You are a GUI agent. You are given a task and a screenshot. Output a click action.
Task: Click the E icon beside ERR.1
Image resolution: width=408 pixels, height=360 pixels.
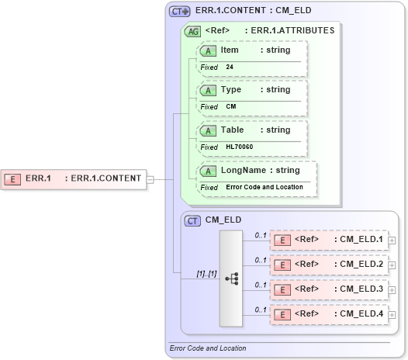point(12,178)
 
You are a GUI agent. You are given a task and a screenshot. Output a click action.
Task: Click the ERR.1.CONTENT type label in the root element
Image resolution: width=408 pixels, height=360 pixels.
point(106,178)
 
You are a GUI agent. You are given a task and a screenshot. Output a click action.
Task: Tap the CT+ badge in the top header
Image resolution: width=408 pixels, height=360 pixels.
point(180,12)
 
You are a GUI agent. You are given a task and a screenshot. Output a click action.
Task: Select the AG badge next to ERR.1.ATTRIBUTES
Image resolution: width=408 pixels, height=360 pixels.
point(191,32)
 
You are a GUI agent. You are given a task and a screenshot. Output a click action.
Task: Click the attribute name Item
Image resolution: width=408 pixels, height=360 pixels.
point(230,50)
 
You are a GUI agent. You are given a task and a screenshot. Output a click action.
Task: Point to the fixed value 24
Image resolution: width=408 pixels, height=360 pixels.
point(230,67)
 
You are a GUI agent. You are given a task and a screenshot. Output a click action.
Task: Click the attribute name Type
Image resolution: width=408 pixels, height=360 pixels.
point(231,90)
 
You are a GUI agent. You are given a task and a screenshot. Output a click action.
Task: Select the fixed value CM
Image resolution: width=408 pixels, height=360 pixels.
point(231,107)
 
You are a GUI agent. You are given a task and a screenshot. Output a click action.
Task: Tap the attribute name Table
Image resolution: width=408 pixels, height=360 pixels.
point(232,130)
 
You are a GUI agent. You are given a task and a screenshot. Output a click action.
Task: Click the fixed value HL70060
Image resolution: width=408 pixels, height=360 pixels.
point(239,147)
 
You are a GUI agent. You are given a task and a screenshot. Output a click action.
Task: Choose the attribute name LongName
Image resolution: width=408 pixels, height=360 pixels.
point(244,170)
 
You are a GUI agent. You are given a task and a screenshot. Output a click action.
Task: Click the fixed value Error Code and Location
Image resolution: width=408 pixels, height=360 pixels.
point(265,187)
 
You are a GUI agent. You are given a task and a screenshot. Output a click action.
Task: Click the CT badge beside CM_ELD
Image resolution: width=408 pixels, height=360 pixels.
point(192,220)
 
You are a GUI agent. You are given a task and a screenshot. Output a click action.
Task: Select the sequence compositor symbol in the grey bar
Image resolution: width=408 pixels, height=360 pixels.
point(231,278)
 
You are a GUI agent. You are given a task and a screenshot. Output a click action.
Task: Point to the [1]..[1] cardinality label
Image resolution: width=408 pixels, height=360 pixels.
point(206,273)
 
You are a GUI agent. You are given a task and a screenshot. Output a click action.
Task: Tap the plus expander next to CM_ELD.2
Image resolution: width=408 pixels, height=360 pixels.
point(392,265)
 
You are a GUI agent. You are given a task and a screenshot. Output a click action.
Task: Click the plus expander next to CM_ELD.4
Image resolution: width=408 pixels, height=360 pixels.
point(392,315)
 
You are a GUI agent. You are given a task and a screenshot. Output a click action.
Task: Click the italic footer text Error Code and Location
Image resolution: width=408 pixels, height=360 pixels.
point(207,348)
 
